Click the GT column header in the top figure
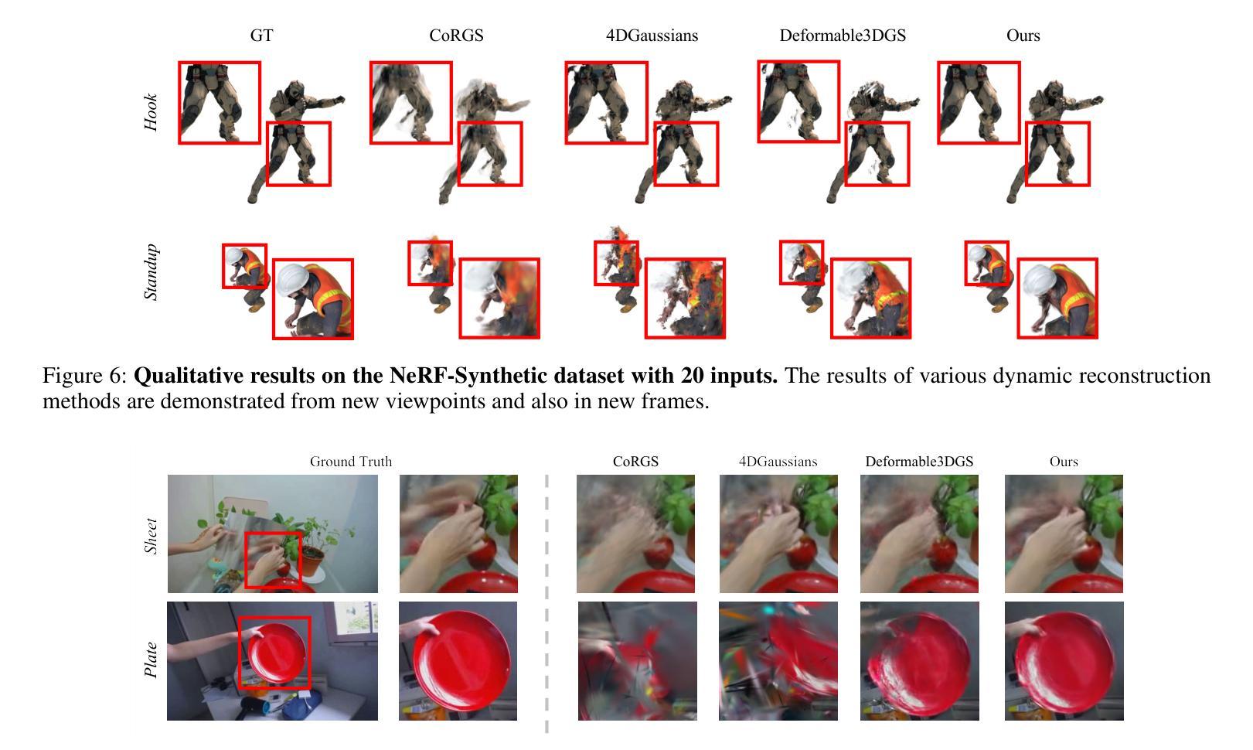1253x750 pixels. coord(261,36)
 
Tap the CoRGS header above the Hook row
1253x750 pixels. coord(456,36)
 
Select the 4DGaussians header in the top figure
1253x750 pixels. coord(652,36)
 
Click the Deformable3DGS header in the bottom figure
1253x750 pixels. coord(919,462)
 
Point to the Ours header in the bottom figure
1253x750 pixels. coord(1064,462)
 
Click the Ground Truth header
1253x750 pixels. coord(351,462)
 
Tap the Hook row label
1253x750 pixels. coord(151,112)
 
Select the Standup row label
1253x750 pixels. coord(151,272)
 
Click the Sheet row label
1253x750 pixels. coord(151,536)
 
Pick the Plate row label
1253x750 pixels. coord(151,660)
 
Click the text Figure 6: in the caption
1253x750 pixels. coord(85,376)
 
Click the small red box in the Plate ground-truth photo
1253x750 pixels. coord(274,653)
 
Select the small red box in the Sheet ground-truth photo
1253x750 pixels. coord(273,560)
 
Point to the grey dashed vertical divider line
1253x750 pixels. coord(546,603)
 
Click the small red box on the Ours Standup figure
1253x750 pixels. coord(987,263)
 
